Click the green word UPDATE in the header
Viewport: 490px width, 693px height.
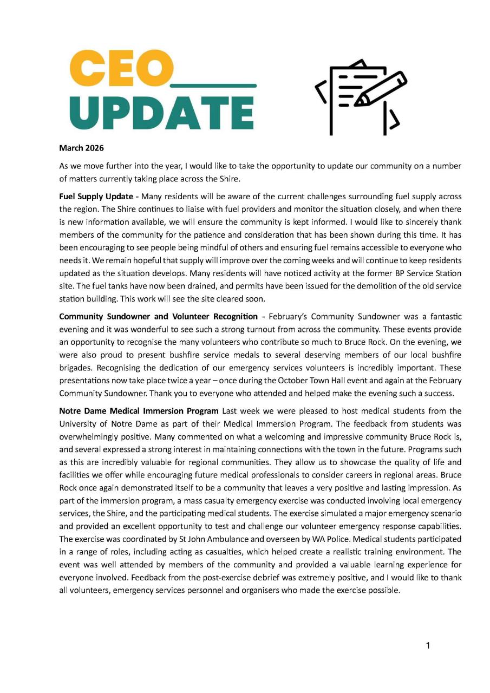coord(162,113)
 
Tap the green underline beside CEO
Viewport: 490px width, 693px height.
coord(213,86)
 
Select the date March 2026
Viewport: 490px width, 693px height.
coord(81,148)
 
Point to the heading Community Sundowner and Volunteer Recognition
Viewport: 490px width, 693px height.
coord(158,316)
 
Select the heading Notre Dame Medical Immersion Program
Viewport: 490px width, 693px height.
coord(139,411)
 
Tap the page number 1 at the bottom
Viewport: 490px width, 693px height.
coord(428,645)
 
